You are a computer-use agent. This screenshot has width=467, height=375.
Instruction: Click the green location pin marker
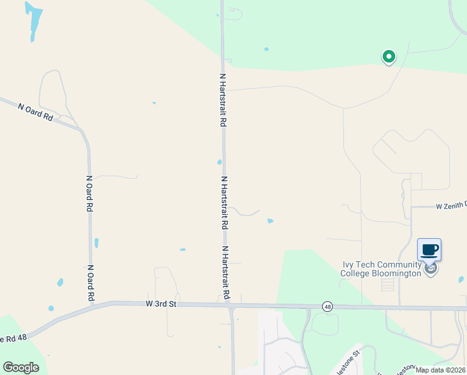pyautogui.click(x=388, y=57)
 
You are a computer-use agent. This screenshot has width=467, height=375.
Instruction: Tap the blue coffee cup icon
pyautogui.click(x=429, y=250)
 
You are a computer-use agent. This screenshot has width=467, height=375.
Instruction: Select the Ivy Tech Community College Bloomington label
pyautogui.click(x=381, y=269)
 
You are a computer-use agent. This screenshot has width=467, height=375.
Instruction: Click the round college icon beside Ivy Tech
pyautogui.click(x=430, y=269)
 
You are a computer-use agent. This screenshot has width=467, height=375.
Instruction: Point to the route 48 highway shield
pyautogui.click(x=327, y=306)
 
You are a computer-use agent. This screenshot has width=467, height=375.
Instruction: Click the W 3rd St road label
pyautogui.click(x=162, y=304)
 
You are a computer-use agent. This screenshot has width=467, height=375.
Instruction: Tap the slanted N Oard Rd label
pyautogui.click(x=36, y=112)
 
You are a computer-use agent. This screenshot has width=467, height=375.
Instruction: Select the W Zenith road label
pyautogui.click(x=451, y=205)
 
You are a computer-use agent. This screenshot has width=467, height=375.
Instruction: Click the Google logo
pyautogui.click(x=21, y=367)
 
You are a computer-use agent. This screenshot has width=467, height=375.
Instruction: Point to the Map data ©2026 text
pyautogui.click(x=440, y=370)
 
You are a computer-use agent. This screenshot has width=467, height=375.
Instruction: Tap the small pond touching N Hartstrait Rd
pyautogui.click(x=219, y=162)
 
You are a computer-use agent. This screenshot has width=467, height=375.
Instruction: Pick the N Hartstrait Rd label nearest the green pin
pyautogui.click(x=222, y=100)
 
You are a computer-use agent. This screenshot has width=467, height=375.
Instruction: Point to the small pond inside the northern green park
pyautogui.click(x=267, y=49)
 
